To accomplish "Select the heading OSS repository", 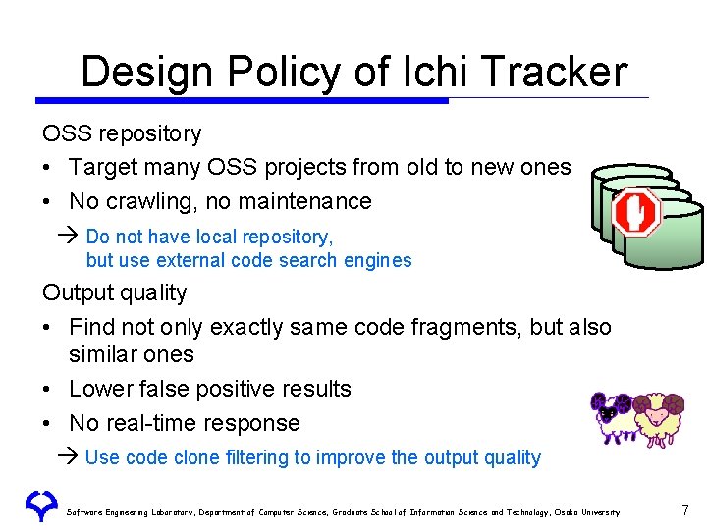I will tap(122, 133).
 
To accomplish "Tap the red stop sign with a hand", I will tap(636, 212).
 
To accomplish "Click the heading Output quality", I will tap(114, 292).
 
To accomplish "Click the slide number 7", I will tap(684, 510).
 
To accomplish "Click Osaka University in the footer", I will tap(588, 512).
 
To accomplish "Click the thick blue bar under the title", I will tap(241, 100).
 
